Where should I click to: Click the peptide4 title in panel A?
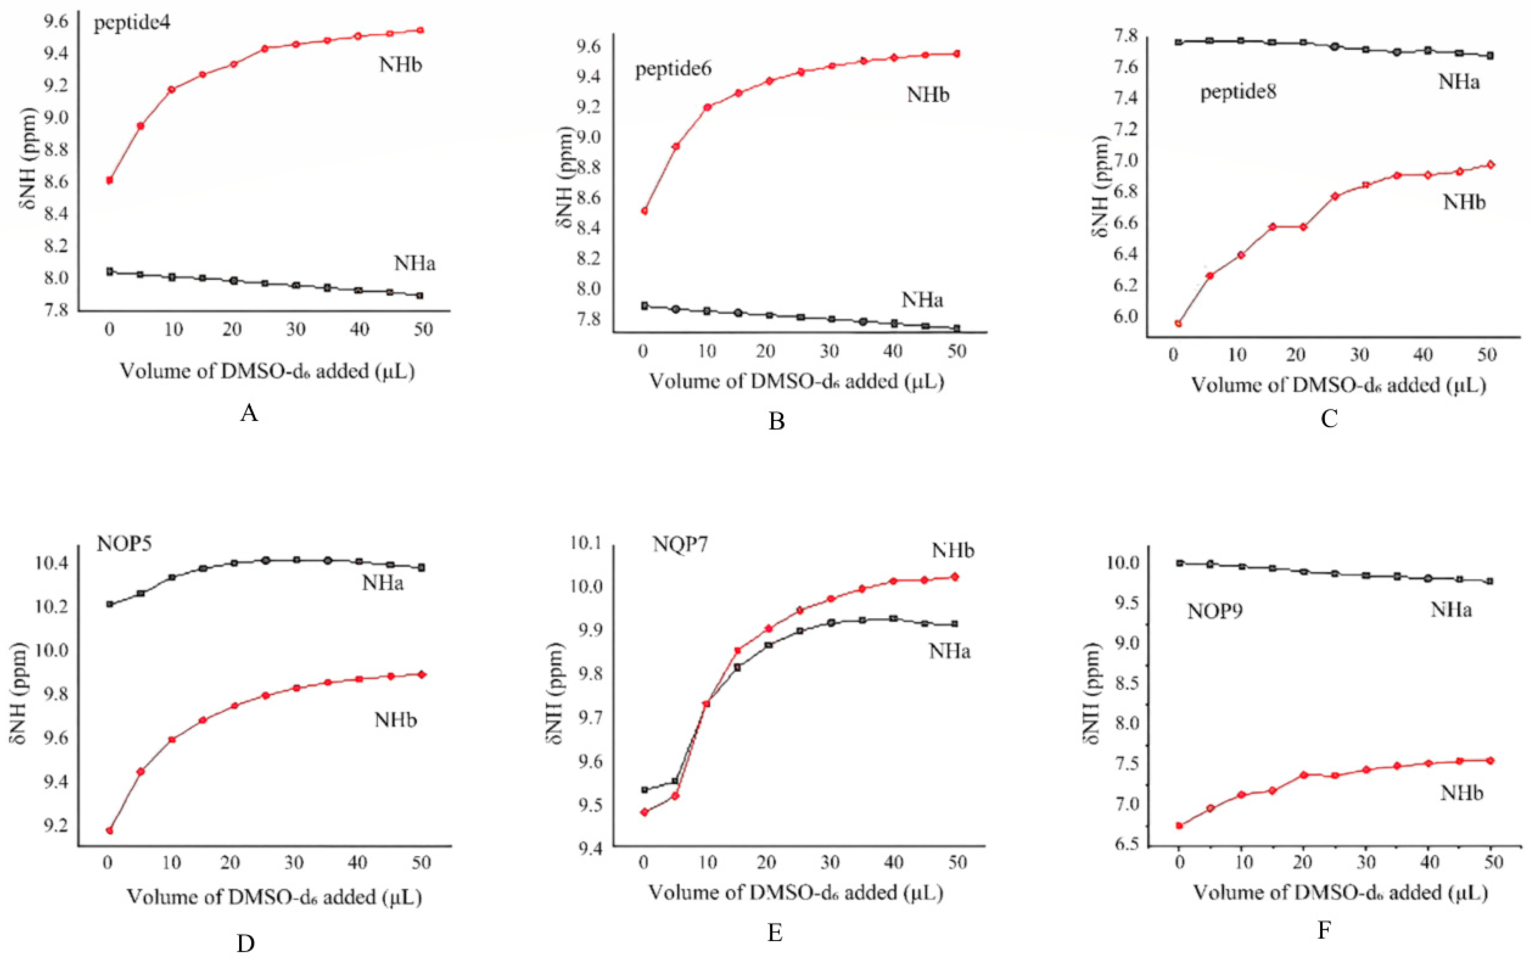pos(132,24)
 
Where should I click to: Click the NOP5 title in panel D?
pos(124,544)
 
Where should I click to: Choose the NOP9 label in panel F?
pos(1215,611)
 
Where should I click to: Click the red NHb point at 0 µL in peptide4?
pos(110,180)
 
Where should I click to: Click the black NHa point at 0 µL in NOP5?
pos(110,604)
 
